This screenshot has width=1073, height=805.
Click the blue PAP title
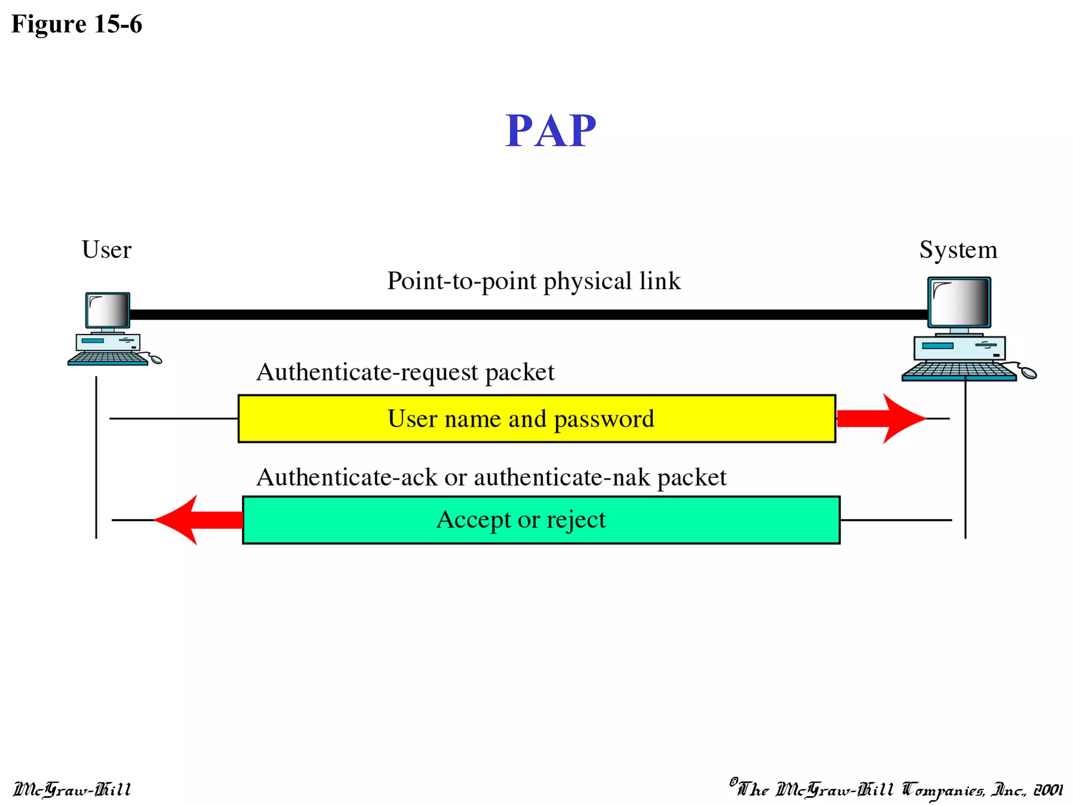pos(550,131)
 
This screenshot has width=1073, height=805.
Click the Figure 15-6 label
pos(76,24)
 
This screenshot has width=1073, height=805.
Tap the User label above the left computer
pos(106,249)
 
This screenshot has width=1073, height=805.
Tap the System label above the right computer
pos(958,249)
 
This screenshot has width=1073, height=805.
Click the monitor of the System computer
pos(959,302)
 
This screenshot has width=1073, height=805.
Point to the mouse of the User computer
pos(156,360)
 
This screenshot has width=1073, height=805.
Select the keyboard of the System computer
pos(959,371)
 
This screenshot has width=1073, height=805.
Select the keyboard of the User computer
pos(107,358)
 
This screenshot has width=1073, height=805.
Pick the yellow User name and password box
pos(536,419)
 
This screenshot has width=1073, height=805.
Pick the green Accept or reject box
pos(541,520)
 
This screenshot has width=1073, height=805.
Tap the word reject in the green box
pos(576,520)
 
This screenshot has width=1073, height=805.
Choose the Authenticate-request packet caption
pos(405,372)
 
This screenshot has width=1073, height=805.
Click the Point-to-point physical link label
pos(534,281)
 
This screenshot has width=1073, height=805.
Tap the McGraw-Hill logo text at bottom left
pos(72,789)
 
